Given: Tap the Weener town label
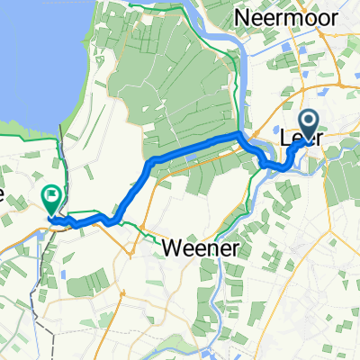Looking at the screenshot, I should click(203, 247).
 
